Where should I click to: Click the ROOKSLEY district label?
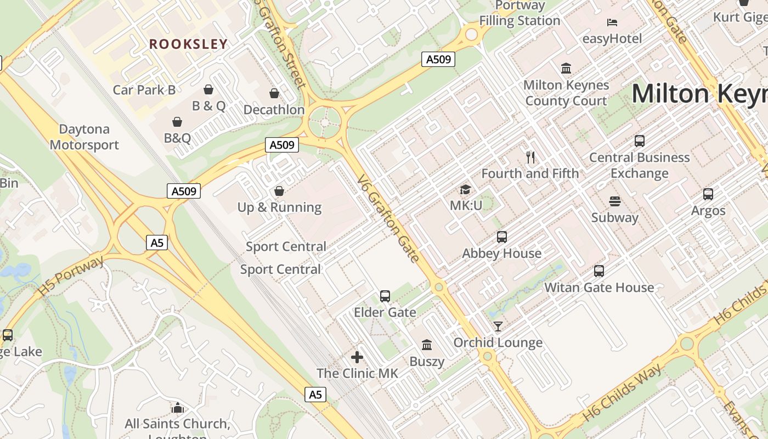click(188, 44)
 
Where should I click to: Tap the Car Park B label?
click(144, 89)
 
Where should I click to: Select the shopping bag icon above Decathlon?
click(274, 94)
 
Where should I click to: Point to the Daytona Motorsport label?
click(84, 137)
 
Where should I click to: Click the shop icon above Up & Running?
click(279, 191)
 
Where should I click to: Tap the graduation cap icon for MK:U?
click(465, 190)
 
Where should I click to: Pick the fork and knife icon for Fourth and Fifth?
click(530, 157)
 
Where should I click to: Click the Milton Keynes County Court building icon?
click(566, 69)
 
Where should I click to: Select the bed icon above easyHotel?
click(612, 22)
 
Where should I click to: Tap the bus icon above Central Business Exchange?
click(639, 141)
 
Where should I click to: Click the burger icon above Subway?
click(614, 201)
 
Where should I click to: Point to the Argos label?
click(708, 211)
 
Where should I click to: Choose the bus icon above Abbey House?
click(501, 237)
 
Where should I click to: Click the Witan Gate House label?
click(599, 287)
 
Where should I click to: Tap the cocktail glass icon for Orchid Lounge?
click(498, 327)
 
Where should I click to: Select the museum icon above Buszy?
click(426, 345)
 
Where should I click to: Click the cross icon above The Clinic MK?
click(357, 357)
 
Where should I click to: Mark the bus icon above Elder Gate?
click(385, 296)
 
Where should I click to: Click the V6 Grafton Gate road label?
click(388, 218)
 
